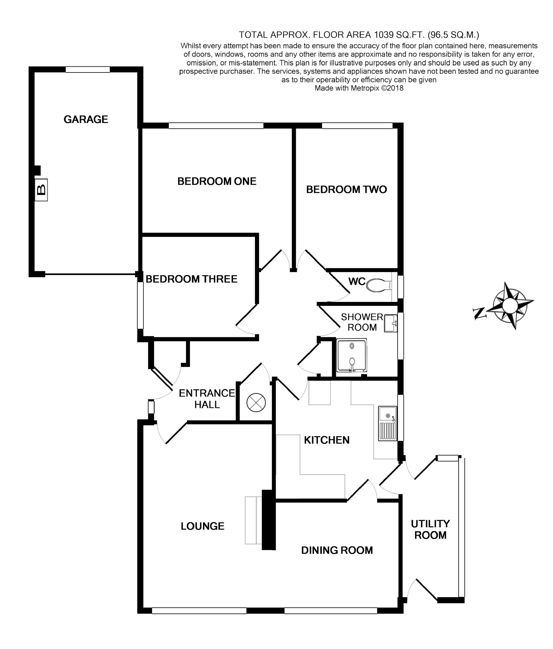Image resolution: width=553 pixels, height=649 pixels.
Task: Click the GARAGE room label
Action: (86, 120)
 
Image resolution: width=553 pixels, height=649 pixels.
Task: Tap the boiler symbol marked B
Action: (41, 190)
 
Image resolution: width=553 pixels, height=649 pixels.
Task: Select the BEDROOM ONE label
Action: (217, 181)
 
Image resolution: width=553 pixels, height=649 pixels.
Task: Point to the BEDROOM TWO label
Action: (346, 190)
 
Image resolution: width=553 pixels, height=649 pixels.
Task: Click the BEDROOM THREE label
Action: (191, 279)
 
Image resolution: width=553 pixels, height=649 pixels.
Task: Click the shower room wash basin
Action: (391, 323)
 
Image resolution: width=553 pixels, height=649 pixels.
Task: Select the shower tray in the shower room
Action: (352, 355)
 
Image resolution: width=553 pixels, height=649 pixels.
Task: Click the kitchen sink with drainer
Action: (387, 423)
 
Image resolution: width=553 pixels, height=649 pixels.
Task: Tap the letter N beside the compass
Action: (480, 313)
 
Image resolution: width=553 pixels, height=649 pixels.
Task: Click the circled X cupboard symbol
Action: (256, 403)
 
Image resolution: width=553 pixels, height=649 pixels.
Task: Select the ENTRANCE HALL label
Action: (207, 399)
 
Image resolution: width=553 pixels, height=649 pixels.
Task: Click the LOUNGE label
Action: (202, 526)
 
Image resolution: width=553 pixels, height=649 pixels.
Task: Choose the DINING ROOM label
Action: (337, 550)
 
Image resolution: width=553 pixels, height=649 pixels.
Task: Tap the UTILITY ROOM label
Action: (430, 529)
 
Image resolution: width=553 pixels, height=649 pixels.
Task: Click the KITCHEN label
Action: (327, 440)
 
